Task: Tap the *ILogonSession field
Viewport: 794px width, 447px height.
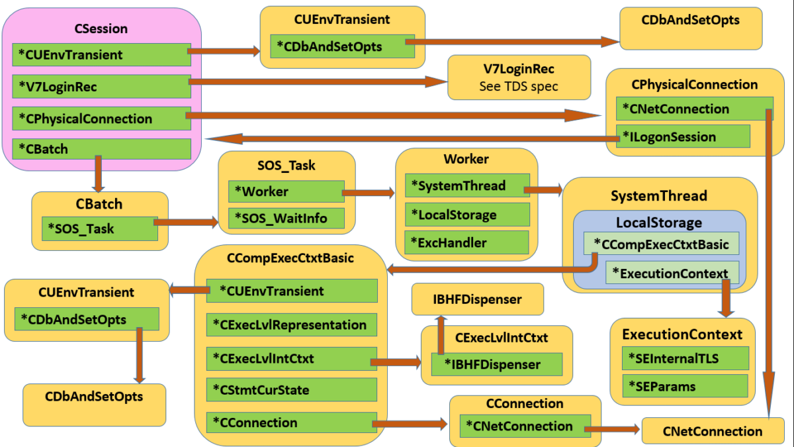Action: [682, 137]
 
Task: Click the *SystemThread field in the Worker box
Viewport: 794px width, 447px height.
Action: [467, 186]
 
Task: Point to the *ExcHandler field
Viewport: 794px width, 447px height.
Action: [467, 242]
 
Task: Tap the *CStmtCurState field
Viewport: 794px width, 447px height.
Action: [291, 390]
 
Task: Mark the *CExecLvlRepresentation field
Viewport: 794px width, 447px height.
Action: [291, 325]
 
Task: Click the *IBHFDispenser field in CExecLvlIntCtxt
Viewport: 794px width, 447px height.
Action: [496, 364]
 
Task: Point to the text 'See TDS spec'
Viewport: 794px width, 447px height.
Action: [519, 86]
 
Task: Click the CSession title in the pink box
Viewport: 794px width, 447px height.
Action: [101, 28]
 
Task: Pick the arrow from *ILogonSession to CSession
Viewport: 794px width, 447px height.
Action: [410, 138]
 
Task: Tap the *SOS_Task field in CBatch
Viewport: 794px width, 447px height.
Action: [99, 228]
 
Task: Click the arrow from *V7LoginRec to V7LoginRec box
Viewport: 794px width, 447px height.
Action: [318, 81]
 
